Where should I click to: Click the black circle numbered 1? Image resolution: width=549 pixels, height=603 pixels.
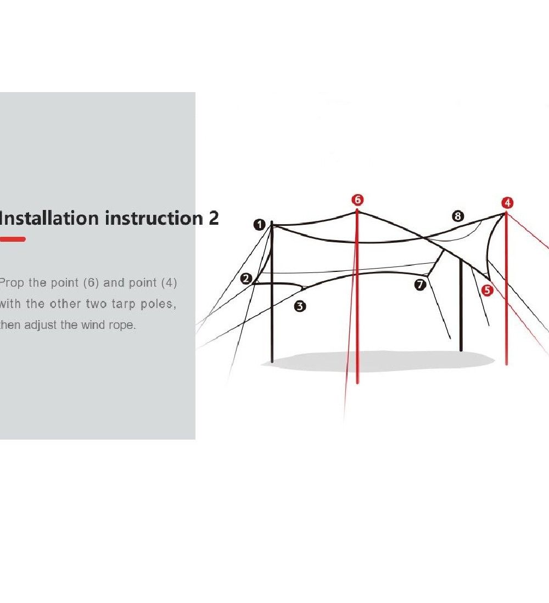[x=259, y=225]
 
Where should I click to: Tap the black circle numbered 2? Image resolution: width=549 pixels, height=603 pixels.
[x=246, y=278]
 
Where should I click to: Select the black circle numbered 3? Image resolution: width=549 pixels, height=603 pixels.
[x=300, y=306]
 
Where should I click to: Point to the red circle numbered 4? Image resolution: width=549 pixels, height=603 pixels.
[x=507, y=203]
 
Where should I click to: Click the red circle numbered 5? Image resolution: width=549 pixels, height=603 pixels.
[x=488, y=290]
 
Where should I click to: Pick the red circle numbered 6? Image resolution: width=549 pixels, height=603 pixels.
[x=357, y=200]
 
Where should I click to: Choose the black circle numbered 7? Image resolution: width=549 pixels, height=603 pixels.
[x=420, y=285]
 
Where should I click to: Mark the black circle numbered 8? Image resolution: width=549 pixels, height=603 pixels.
[x=458, y=216]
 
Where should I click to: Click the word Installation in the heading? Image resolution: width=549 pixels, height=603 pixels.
[x=49, y=218]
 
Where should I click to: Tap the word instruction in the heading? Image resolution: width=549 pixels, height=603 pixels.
[x=154, y=218]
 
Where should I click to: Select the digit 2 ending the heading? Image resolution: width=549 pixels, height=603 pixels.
[x=214, y=218]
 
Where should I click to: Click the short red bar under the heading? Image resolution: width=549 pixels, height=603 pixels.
[x=13, y=239]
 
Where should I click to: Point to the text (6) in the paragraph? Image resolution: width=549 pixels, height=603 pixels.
[x=91, y=283]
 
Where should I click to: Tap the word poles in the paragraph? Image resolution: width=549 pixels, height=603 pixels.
[x=158, y=304]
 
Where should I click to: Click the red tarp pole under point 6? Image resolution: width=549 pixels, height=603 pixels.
[x=357, y=296]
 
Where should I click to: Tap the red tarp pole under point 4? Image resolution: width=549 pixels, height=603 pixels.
[x=506, y=288]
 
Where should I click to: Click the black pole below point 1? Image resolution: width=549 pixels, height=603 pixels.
[x=272, y=292]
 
